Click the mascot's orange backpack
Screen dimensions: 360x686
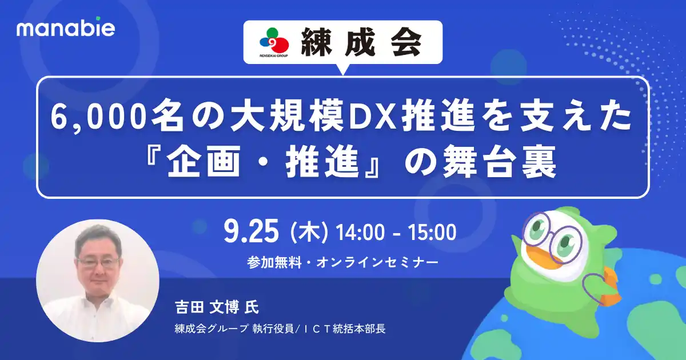pos(603,289)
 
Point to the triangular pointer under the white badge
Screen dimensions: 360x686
pos(343,69)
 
